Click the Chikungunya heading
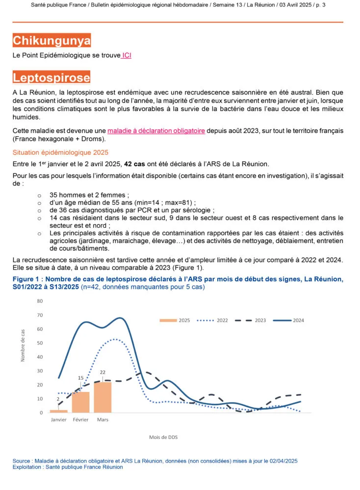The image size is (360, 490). (51, 41)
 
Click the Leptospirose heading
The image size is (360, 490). (51, 78)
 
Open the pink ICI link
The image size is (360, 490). (127, 55)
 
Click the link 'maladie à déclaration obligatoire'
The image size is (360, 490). (156, 131)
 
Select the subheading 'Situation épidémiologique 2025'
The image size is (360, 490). (60, 152)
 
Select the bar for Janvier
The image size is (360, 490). (59, 411)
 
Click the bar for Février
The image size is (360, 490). (81, 402)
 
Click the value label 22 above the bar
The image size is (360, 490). (103, 372)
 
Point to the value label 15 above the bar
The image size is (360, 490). (81, 378)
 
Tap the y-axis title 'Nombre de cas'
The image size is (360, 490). (23, 346)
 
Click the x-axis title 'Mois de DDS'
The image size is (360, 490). (163, 437)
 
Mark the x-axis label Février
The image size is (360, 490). (81, 420)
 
